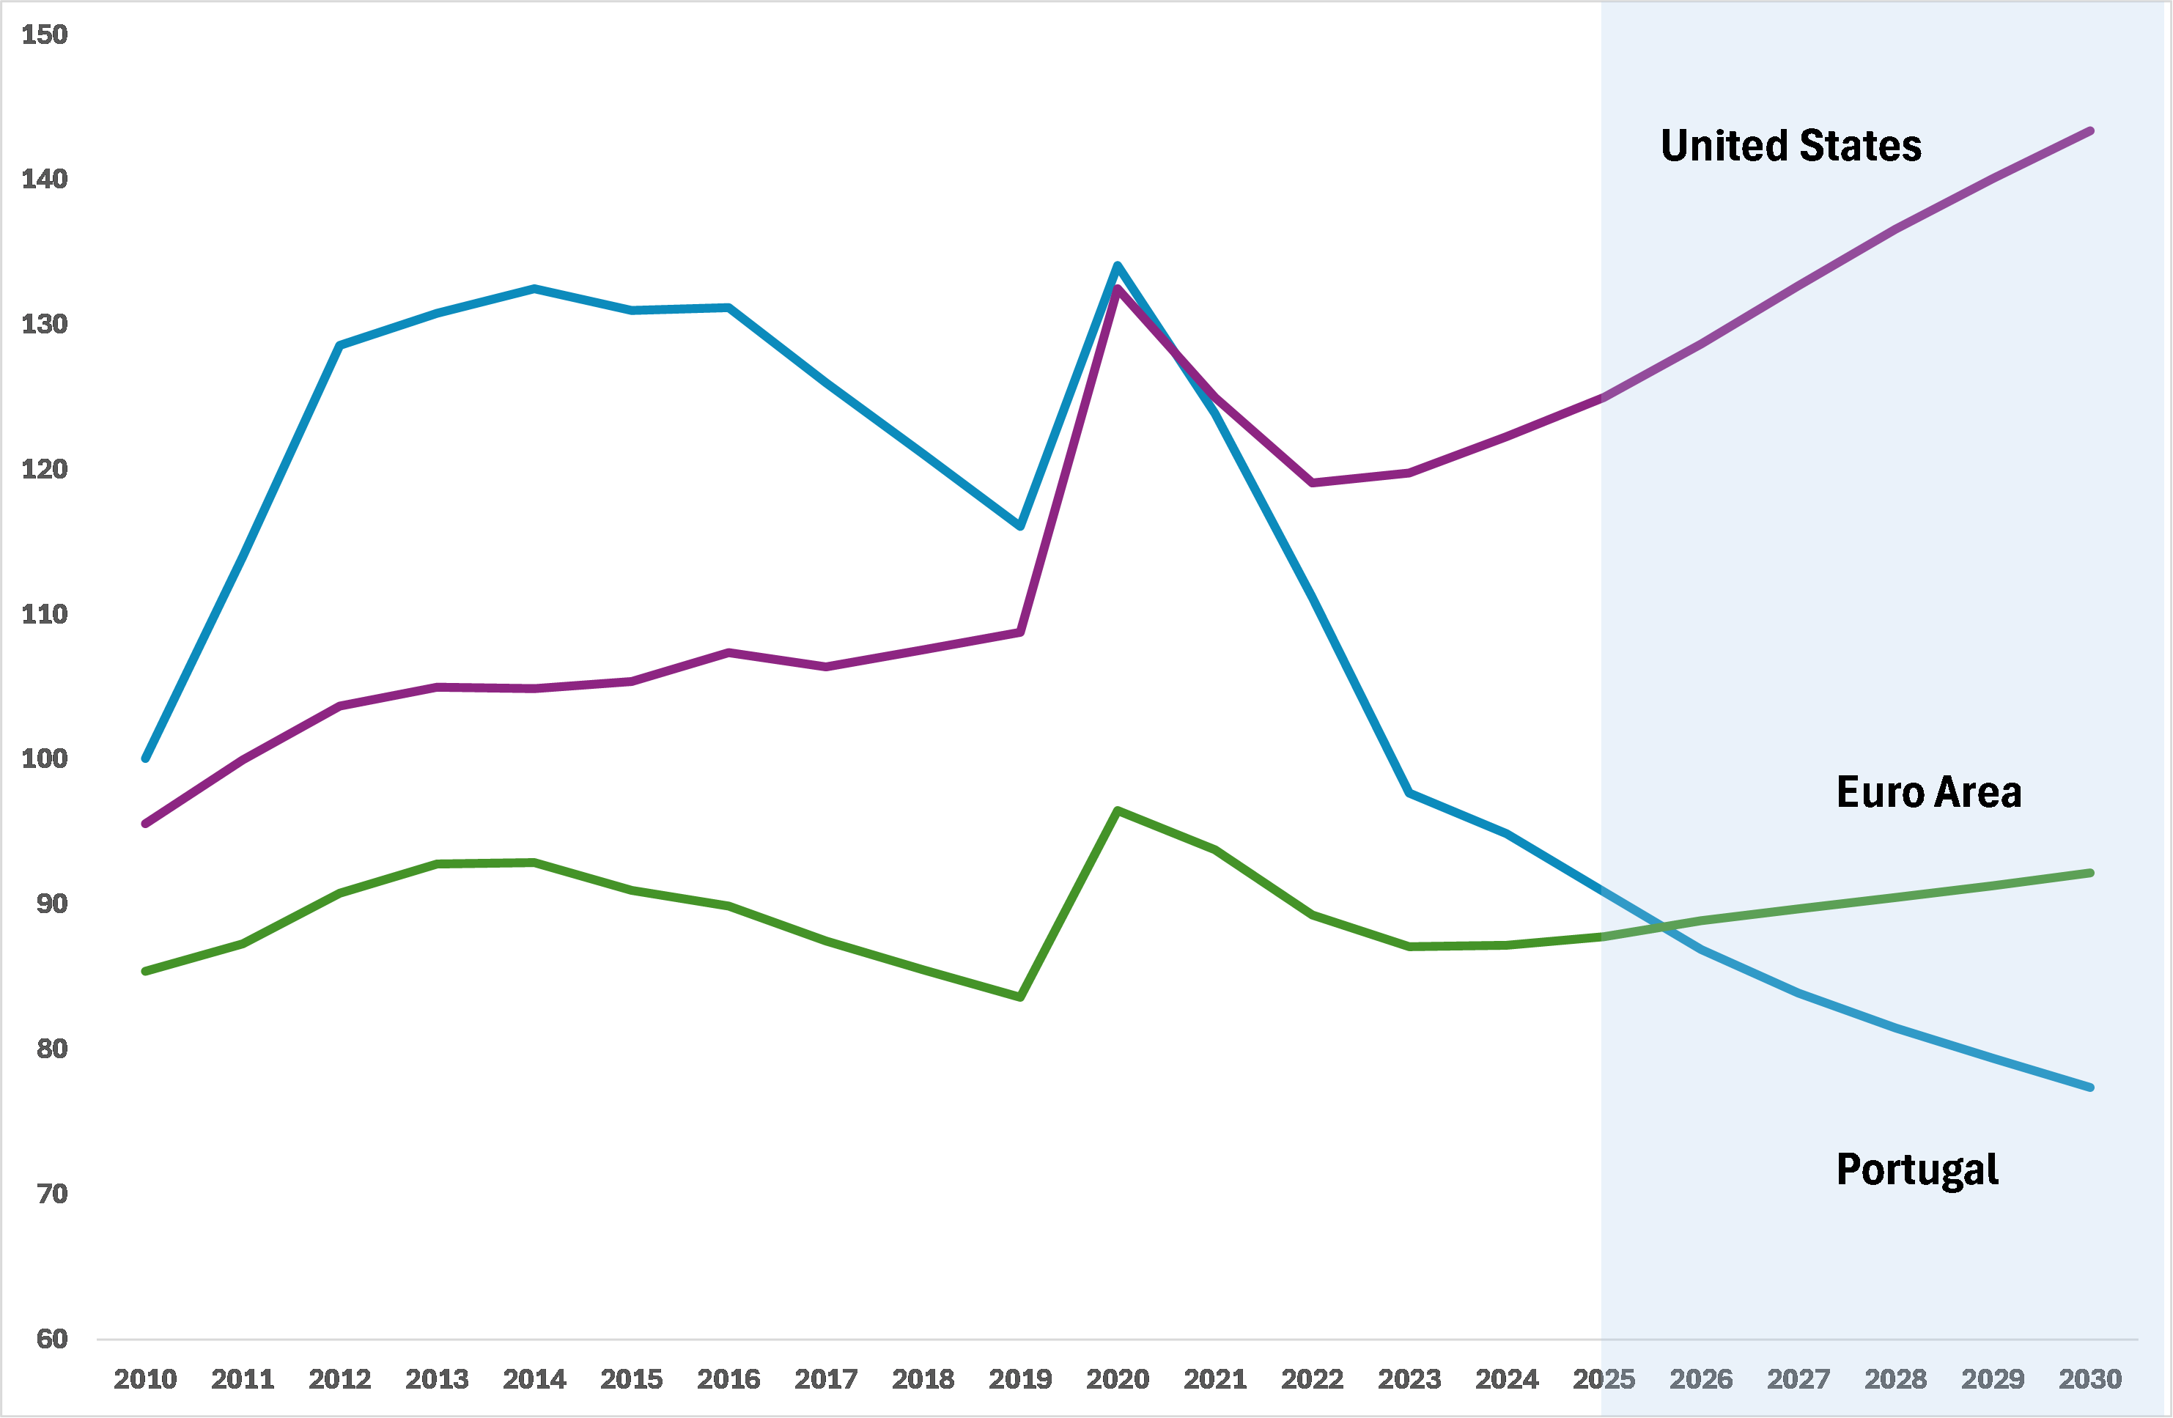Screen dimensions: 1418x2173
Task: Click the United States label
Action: [x=1790, y=146]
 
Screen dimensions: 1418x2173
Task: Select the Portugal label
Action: [x=1916, y=1170]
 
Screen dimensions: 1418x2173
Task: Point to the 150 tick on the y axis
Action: [x=45, y=34]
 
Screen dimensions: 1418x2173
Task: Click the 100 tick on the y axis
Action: [x=45, y=758]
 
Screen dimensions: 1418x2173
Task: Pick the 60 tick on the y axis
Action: [x=52, y=1339]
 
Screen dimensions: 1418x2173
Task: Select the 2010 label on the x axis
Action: [x=145, y=1378]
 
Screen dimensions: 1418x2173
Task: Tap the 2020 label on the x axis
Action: [x=1118, y=1378]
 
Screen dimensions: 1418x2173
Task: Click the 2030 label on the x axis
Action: [x=2090, y=1378]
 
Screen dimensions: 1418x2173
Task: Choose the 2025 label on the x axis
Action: [x=1604, y=1378]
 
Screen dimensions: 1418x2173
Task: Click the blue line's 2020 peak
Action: [x=1118, y=266]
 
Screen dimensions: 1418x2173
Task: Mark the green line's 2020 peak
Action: [x=1118, y=810]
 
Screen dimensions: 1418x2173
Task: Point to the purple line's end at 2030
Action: [x=2091, y=131]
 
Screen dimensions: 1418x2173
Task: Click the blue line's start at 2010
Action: [x=145, y=758]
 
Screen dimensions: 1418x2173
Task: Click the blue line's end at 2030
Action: [x=2091, y=1087]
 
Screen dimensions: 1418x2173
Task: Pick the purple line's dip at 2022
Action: [x=1312, y=483]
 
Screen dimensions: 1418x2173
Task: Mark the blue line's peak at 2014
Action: [x=534, y=289]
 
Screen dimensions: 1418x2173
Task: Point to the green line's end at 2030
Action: [x=2091, y=874]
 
